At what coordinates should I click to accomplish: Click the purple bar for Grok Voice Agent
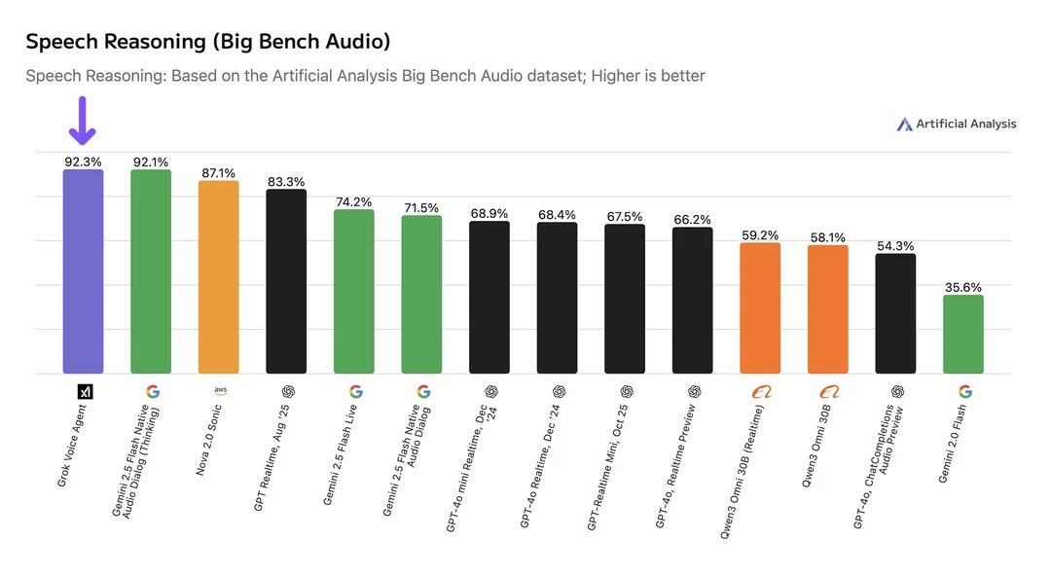pos(83,271)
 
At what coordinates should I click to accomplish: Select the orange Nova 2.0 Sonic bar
pos(218,277)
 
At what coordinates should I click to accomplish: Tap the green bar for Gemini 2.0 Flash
pos(963,334)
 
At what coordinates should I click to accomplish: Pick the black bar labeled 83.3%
pos(286,281)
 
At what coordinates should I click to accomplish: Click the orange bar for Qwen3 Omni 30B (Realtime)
pos(760,307)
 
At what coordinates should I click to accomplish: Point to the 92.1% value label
pos(151,162)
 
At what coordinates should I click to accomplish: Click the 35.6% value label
pos(963,287)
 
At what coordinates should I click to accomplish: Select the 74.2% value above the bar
pos(354,201)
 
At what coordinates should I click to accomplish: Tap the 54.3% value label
pos(895,245)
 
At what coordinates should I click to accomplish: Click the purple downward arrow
pos(83,121)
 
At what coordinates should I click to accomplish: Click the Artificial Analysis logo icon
pos(905,124)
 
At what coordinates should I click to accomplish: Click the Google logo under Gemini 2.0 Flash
pos(964,391)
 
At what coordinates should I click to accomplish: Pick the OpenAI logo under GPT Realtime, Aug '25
pos(288,391)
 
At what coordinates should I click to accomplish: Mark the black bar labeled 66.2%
pos(693,300)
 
